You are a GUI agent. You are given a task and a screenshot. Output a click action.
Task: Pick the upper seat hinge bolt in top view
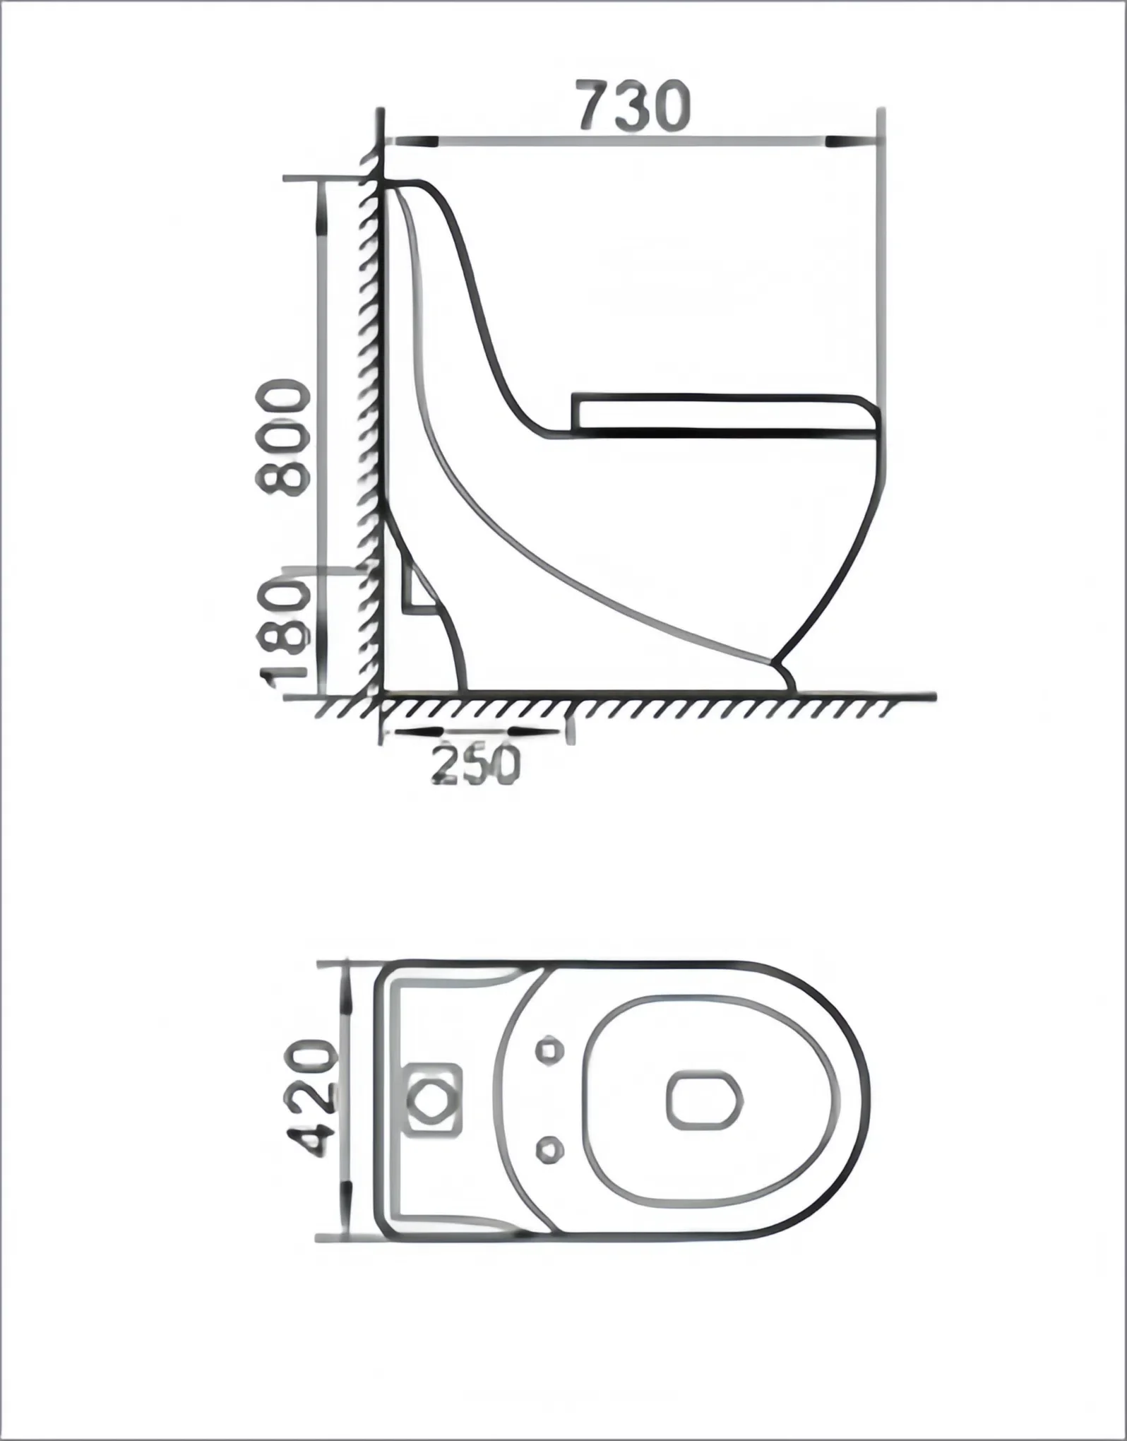point(549,1050)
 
